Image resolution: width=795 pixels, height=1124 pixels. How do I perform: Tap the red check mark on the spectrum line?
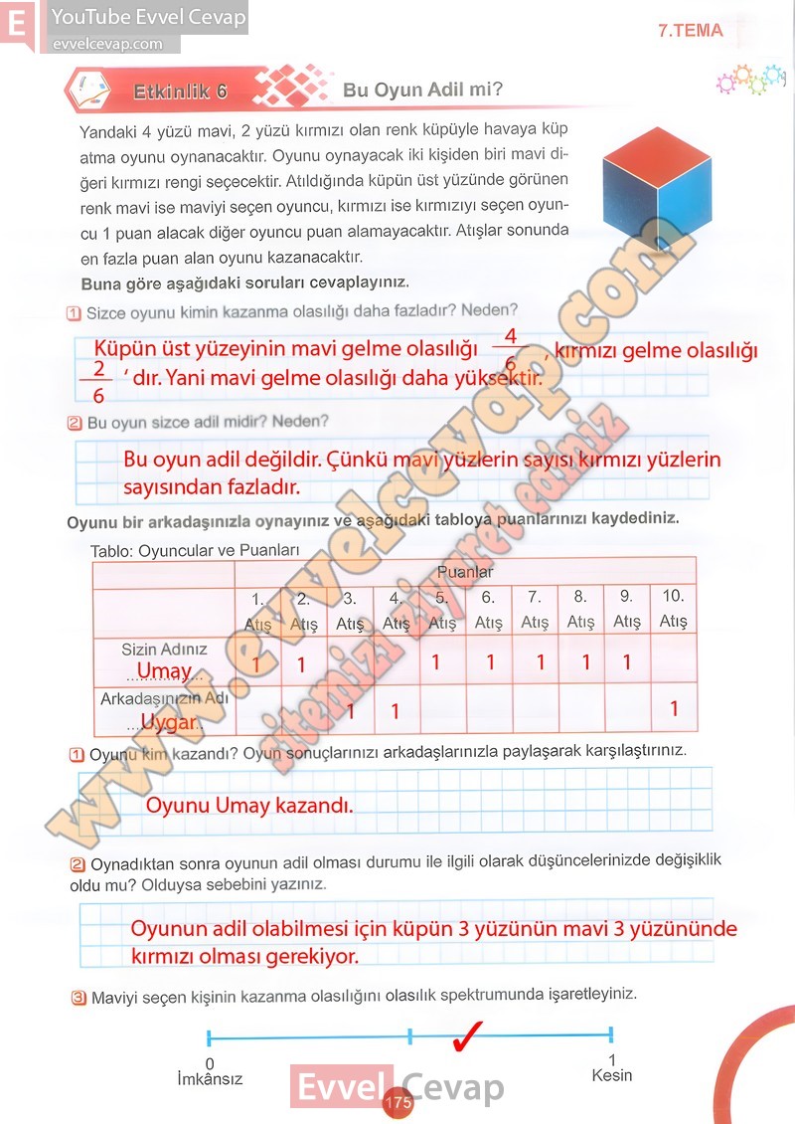pos(467,1036)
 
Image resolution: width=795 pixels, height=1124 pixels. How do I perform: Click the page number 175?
pos(397,1103)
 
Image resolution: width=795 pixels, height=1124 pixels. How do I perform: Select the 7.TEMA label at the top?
pos(690,31)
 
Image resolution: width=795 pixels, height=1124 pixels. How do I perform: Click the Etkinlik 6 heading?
pos(181,92)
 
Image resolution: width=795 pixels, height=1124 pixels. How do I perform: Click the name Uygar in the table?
pos(166,721)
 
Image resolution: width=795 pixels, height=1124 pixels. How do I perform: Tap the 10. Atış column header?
pos(673,609)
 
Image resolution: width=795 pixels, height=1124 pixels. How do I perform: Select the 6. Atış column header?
pos(488,610)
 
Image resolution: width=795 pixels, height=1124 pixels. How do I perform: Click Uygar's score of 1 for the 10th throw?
pos(674,709)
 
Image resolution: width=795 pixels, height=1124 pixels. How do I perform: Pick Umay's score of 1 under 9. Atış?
pos(626,661)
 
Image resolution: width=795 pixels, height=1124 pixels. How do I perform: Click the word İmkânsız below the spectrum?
pos(210,1078)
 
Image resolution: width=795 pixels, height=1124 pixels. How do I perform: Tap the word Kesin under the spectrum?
pos(611,1075)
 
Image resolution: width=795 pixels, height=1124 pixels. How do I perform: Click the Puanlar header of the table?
pos(465,572)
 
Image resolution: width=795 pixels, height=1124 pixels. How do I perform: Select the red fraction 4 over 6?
pos(511,348)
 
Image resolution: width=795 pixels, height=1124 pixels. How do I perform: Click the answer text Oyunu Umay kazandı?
pos(249,805)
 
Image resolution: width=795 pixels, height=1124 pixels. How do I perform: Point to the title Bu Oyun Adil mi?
pos(422,90)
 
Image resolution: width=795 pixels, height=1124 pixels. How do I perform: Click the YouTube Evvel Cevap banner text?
pos(148,17)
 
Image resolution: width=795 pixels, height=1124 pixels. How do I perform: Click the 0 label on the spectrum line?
pos(209,1063)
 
